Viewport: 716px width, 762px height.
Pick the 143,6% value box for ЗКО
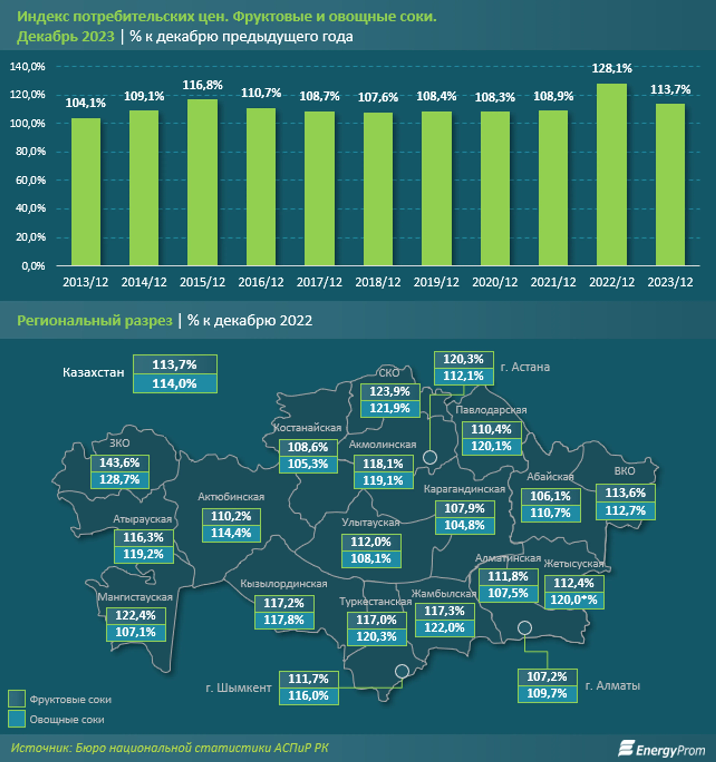tap(120, 463)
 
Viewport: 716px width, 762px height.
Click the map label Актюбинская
tap(231, 497)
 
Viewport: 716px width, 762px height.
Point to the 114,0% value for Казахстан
tap(175, 384)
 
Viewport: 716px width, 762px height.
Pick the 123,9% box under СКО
tap(390, 392)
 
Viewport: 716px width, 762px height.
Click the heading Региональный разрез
tap(95, 320)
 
